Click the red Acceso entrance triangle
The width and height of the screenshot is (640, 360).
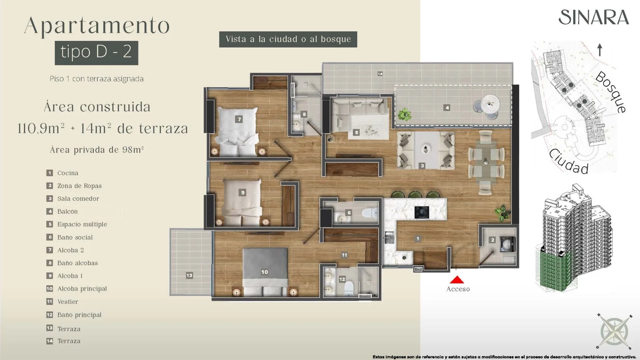tap(457, 280)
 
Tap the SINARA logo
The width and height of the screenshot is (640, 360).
tap(594, 18)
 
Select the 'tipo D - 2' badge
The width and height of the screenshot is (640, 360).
tap(96, 53)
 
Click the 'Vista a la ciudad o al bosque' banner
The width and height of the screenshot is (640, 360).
tap(288, 39)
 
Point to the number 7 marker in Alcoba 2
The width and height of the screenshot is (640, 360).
tap(239, 119)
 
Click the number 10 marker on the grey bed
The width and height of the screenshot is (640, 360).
tap(264, 272)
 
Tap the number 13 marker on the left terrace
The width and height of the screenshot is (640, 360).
tap(190, 276)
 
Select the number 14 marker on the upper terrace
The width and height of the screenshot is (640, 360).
tap(380, 74)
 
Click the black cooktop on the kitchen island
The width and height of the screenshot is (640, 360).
tap(422, 212)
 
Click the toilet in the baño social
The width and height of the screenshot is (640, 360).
tap(370, 213)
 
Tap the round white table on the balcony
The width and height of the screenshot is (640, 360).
tap(490, 104)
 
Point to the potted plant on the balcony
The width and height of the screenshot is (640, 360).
tap(404, 114)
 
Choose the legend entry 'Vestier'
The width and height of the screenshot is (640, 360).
tap(68, 302)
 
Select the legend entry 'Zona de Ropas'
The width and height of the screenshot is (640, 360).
tap(80, 186)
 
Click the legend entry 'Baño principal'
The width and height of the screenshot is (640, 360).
tap(80, 314)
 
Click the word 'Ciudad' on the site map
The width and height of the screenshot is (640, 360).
tap(569, 162)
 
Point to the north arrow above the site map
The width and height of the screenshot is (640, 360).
tap(600, 50)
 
